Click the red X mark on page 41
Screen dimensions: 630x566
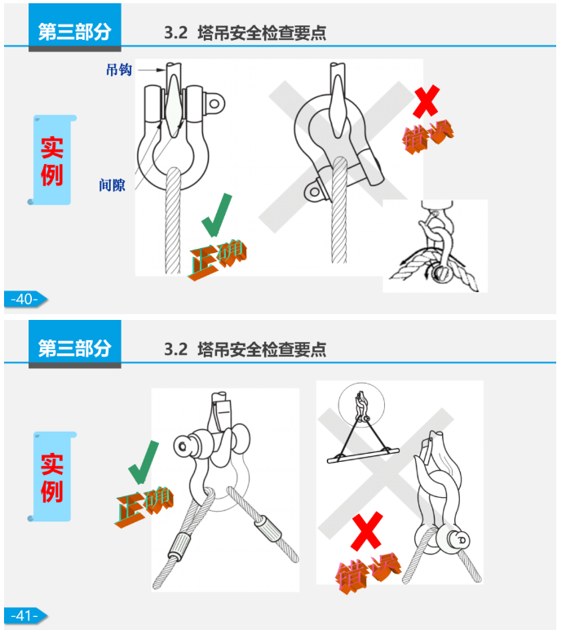pyautogui.click(x=366, y=531)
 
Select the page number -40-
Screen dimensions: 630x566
pyautogui.click(x=24, y=299)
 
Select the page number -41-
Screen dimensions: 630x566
pyautogui.click(x=24, y=615)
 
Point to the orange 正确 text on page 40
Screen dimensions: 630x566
pyautogui.click(x=218, y=259)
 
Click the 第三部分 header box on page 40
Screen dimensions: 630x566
pyautogui.click(x=74, y=32)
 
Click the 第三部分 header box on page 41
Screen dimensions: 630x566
pyautogui.click(x=74, y=348)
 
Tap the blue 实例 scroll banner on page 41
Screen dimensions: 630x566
pyautogui.click(x=53, y=477)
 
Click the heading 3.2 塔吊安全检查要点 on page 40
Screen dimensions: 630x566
pyautogui.click(x=245, y=33)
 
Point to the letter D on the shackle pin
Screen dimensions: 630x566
pyautogui.click(x=462, y=539)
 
